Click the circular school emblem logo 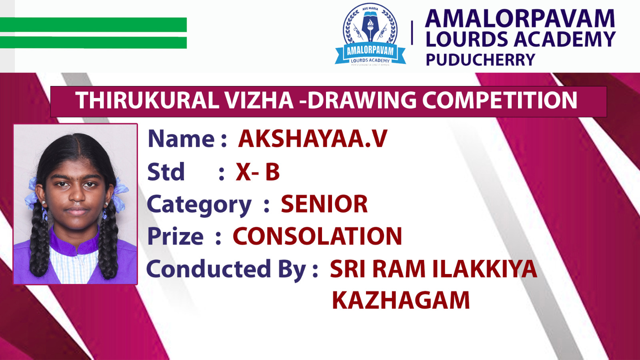pyautogui.click(x=370, y=34)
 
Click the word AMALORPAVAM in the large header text pyautogui.click(x=520, y=19)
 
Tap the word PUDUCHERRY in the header pyautogui.click(x=480, y=60)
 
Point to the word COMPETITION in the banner pyautogui.click(x=500, y=100)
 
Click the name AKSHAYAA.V pyautogui.click(x=312, y=139)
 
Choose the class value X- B pyautogui.click(x=258, y=172)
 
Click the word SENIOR pyautogui.click(x=324, y=204)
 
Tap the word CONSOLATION pyautogui.click(x=318, y=236)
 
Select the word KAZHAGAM pyautogui.click(x=401, y=300)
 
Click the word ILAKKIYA pyautogui.click(x=485, y=269)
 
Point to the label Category pyautogui.click(x=199, y=206)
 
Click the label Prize pyautogui.click(x=175, y=236)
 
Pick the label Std pyautogui.click(x=166, y=172)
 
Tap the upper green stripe pyautogui.click(x=94, y=24)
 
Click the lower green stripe pyautogui.click(x=94, y=42)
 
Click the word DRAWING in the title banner pyautogui.click(x=362, y=100)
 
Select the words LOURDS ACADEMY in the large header pyautogui.click(x=520, y=39)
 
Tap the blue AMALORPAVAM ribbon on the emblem pyautogui.click(x=370, y=52)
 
